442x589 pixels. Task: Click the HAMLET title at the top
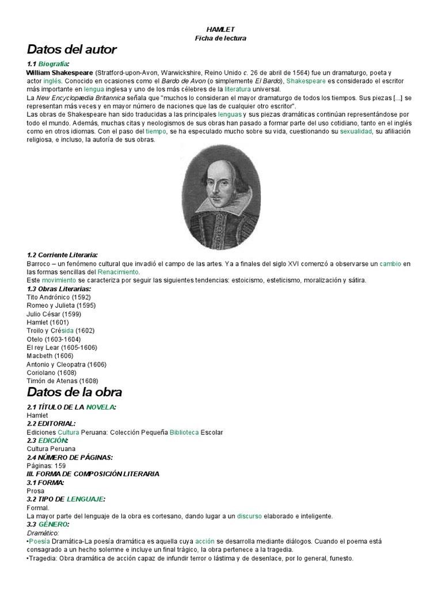click(221, 29)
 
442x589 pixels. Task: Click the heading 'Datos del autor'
click(72, 49)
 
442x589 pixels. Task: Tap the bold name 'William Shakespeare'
click(60, 73)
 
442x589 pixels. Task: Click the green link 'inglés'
click(53, 82)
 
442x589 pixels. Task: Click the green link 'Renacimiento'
click(118, 271)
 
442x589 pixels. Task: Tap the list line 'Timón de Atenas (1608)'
click(62, 381)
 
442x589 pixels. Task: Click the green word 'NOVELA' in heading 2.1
click(100, 407)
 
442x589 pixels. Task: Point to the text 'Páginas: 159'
click(46, 465)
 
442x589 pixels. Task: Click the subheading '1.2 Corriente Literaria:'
click(62, 255)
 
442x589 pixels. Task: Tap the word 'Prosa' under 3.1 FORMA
click(35, 491)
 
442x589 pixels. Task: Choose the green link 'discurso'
click(249, 516)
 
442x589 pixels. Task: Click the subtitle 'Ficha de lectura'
click(221, 38)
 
